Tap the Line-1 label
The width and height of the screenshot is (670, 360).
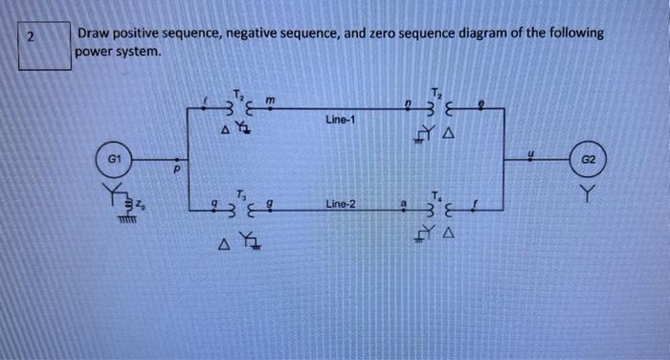[x=340, y=121]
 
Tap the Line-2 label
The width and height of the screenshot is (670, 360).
[x=341, y=205]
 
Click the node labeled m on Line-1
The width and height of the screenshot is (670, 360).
[x=271, y=101]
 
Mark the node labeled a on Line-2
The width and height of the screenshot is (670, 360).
[x=406, y=203]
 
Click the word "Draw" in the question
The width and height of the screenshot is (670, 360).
[x=95, y=34]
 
